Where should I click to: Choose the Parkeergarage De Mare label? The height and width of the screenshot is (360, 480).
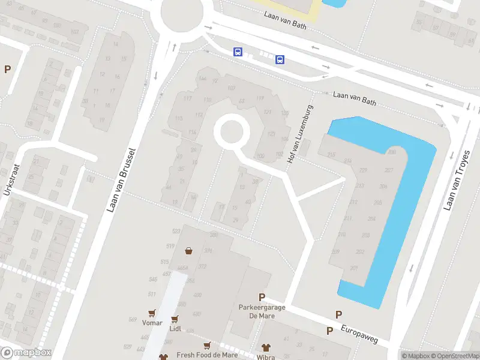[x=262, y=311]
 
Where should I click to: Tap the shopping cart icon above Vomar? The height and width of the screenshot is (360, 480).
[x=152, y=313]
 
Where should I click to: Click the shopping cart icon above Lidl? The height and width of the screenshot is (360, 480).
[x=175, y=319]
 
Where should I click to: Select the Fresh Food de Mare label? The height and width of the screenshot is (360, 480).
[x=207, y=355]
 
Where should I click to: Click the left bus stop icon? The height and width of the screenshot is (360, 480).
[x=238, y=52]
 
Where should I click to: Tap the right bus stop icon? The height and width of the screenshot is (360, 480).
[x=280, y=59]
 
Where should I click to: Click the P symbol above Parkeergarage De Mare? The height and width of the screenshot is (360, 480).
[x=262, y=297]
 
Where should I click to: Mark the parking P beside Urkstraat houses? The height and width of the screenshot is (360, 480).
[x=7, y=69]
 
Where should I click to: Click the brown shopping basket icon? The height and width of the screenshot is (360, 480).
[x=190, y=251]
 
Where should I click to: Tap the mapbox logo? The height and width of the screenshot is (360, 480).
[x=26, y=353]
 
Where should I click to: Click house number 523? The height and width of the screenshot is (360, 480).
[x=176, y=232]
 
